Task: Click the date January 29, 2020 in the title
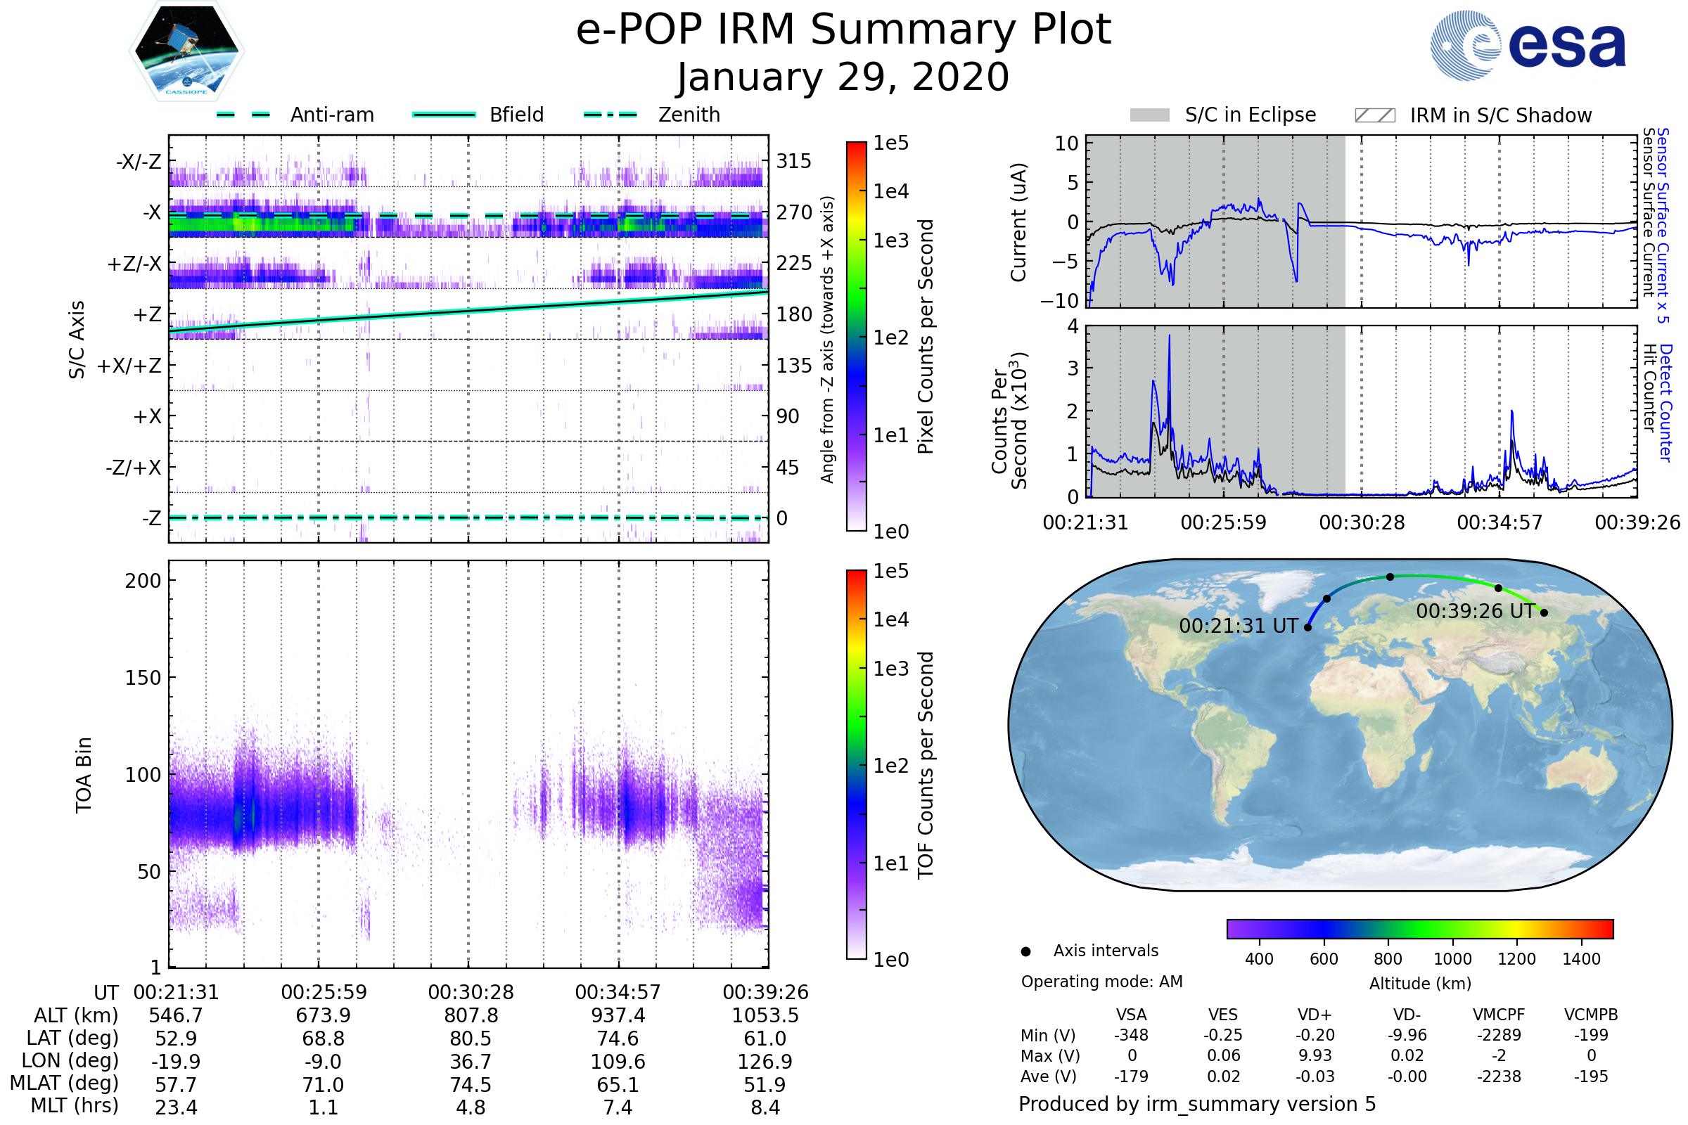coord(843,77)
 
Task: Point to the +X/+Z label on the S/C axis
coord(129,366)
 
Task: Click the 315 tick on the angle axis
coord(794,161)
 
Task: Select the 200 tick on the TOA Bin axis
coord(143,581)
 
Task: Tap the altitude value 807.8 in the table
coord(471,1016)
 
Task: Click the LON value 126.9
coord(765,1062)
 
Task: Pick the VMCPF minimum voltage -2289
coord(1499,1035)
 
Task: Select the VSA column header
coord(1131,1015)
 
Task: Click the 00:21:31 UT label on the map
coord(1238,626)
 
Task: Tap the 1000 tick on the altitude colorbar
coord(1452,959)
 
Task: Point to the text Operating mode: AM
coord(1101,982)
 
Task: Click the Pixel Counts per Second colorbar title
coord(926,337)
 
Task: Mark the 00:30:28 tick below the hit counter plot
coord(1362,522)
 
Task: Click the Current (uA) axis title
coord(1018,222)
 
